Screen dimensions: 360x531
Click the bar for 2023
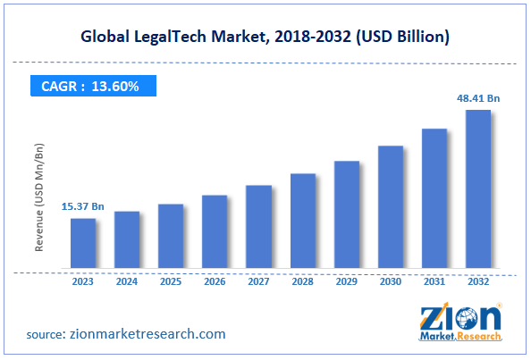pos(83,243)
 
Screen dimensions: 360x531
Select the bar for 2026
pos(215,231)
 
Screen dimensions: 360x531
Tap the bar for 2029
pos(346,214)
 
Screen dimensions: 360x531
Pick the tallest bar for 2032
pos(477,188)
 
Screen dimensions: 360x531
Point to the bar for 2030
pos(390,206)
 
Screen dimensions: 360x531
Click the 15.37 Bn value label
pos(83,206)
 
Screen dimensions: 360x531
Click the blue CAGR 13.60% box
pos(89,87)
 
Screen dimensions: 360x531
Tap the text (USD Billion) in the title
pos(400,37)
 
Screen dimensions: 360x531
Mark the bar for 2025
pos(171,236)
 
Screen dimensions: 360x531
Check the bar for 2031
pos(434,197)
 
